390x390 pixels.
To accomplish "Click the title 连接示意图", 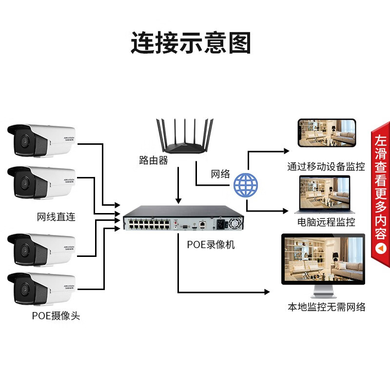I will click(191, 43).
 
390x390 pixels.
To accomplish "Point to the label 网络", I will click(220, 174).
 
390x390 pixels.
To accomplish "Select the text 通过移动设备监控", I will click(326, 167).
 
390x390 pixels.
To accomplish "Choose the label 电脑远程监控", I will click(326, 223).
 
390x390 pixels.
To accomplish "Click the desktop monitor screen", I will click(323, 259).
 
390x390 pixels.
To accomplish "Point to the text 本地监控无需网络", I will click(326, 307).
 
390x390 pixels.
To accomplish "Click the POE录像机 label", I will click(211, 244).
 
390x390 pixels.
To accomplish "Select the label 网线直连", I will click(56, 216).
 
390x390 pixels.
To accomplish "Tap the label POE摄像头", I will click(56, 316).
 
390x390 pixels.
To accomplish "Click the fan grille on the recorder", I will click(236, 225).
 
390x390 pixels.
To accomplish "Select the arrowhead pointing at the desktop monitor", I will click(266, 292).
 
